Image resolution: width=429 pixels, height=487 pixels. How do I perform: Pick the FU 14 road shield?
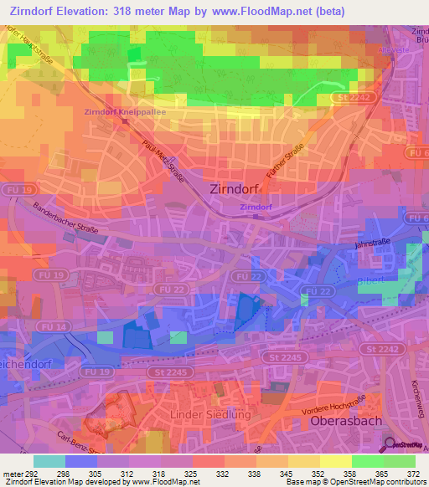55,326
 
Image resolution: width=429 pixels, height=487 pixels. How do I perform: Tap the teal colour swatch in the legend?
49,461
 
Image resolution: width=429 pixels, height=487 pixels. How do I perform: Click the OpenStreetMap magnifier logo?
390,445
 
